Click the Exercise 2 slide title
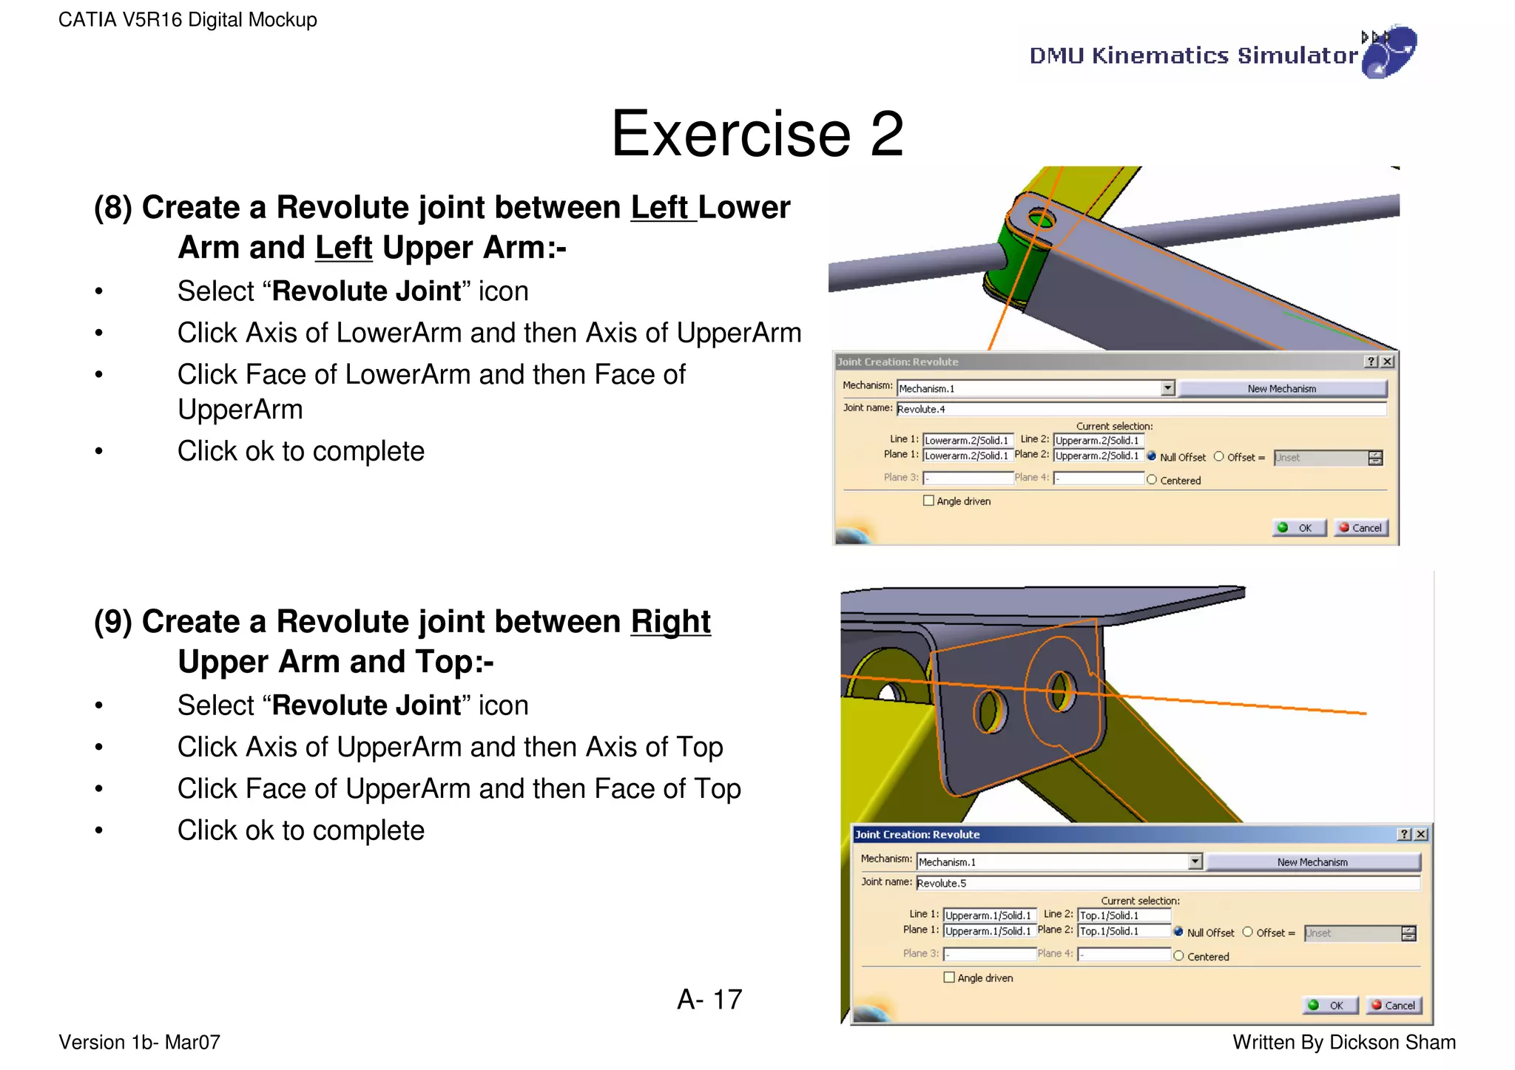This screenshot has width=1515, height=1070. (757, 134)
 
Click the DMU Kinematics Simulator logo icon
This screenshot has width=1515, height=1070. (1389, 53)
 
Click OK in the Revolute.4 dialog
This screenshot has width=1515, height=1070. (1298, 528)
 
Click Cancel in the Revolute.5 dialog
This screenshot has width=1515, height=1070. (1393, 1006)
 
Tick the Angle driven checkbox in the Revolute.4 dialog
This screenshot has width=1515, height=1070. (928, 501)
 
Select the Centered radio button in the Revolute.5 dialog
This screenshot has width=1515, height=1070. (1179, 956)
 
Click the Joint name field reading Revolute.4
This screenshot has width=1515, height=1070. (1139, 409)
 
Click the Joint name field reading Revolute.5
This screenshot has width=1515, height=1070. (1167, 883)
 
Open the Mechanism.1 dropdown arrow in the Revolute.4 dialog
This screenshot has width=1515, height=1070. (1167, 388)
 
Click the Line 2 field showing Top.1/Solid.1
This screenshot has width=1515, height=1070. (1123, 915)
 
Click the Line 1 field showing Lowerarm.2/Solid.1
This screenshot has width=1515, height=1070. (967, 441)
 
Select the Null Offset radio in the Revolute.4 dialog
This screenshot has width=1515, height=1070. (1152, 457)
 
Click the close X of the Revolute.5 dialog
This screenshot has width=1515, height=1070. (1420, 834)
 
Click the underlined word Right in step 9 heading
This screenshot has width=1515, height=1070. (670, 622)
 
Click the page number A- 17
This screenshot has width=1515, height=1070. (709, 1000)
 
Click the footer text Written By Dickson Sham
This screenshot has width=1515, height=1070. (1343, 1043)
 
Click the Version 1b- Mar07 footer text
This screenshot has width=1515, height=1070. (139, 1043)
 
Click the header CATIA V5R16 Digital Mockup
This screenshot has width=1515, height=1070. (188, 20)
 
